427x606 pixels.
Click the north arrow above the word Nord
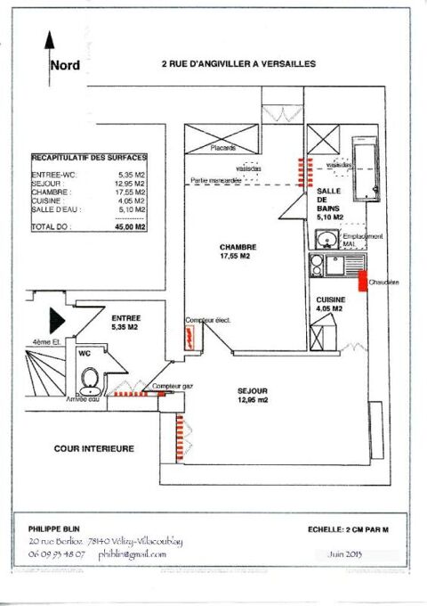[50, 45]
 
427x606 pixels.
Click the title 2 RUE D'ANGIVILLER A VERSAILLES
[238, 64]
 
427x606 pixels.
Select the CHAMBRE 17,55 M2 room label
[239, 253]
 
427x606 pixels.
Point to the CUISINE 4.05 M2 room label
[331, 306]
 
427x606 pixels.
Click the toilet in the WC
[89, 383]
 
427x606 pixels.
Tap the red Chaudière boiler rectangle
[363, 282]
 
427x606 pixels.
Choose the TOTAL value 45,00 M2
[131, 227]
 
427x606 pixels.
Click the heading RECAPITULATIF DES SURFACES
[89, 157]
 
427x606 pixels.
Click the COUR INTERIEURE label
[93, 448]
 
